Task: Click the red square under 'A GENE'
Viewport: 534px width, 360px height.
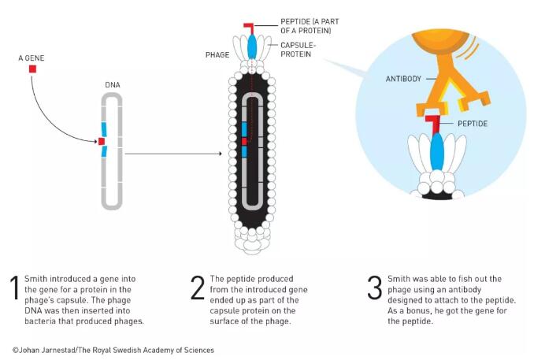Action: (x=32, y=69)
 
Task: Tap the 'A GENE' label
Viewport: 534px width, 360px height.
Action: (x=32, y=58)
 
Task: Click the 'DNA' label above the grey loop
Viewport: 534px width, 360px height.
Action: (x=113, y=84)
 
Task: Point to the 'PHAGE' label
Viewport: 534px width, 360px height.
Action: (x=217, y=55)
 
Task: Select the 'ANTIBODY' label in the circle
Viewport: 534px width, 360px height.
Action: (x=403, y=78)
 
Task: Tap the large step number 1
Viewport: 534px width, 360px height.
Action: (x=13, y=289)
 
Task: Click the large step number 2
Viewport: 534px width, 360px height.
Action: (x=198, y=289)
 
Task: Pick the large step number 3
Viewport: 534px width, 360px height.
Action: (x=375, y=289)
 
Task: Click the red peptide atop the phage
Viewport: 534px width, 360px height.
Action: (x=250, y=28)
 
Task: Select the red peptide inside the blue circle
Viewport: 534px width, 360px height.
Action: (x=432, y=123)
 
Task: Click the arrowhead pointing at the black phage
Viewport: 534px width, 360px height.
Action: (x=220, y=154)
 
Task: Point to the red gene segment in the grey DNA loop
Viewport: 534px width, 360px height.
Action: (x=102, y=141)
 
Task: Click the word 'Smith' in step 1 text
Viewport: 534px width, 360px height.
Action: (x=36, y=280)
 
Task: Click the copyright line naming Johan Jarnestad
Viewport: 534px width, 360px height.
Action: (x=113, y=350)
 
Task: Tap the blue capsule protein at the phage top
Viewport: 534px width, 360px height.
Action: (x=253, y=46)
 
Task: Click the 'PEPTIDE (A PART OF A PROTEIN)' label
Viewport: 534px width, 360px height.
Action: (x=307, y=26)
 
